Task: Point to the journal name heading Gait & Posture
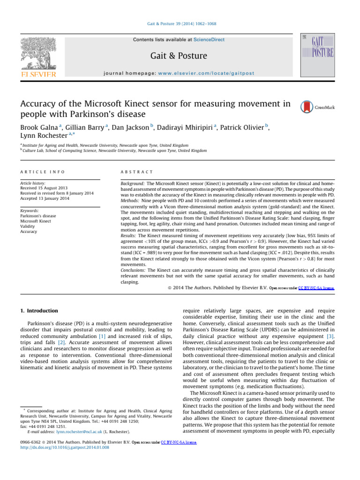pyautogui.click(x=179, y=56)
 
